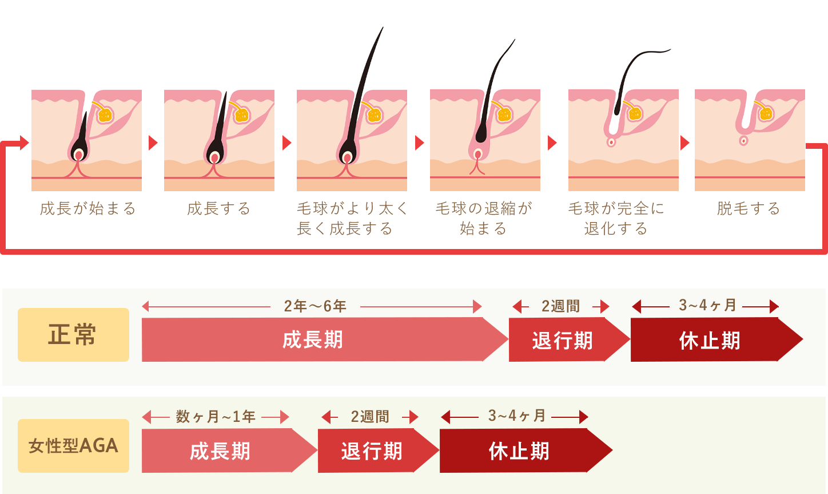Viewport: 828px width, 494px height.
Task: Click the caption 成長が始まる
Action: (x=87, y=208)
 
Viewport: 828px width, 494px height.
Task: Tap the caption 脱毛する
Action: (x=749, y=208)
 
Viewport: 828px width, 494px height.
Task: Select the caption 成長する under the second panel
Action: (x=219, y=208)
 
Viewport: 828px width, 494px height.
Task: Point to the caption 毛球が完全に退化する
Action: (x=616, y=218)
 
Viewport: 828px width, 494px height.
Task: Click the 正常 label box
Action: (x=73, y=335)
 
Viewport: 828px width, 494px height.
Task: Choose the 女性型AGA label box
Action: (x=73, y=446)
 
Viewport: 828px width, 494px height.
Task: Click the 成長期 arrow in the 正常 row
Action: (x=313, y=340)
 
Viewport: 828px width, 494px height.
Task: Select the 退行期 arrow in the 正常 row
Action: (x=562, y=341)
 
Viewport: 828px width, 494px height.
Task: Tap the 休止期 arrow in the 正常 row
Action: (x=710, y=341)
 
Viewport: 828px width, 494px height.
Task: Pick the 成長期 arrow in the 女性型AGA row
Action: (x=220, y=451)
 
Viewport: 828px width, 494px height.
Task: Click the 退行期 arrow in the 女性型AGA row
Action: (x=372, y=451)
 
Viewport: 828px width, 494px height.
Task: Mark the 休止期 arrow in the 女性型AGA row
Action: (x=519, y=451)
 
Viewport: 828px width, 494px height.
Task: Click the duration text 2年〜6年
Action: (x=315, y=306)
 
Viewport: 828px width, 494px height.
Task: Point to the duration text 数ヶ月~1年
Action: (x=216, y=417)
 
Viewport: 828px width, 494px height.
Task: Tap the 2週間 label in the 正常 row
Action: (x=561, y=306)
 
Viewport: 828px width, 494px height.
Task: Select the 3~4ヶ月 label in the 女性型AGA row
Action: (x=516, y=416)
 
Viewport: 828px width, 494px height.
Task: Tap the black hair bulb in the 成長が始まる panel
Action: (x=78, y=150)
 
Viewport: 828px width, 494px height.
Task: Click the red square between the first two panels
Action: (x=153, y=143)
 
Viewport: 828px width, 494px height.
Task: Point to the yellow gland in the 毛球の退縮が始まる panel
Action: (x=504, y=114)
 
